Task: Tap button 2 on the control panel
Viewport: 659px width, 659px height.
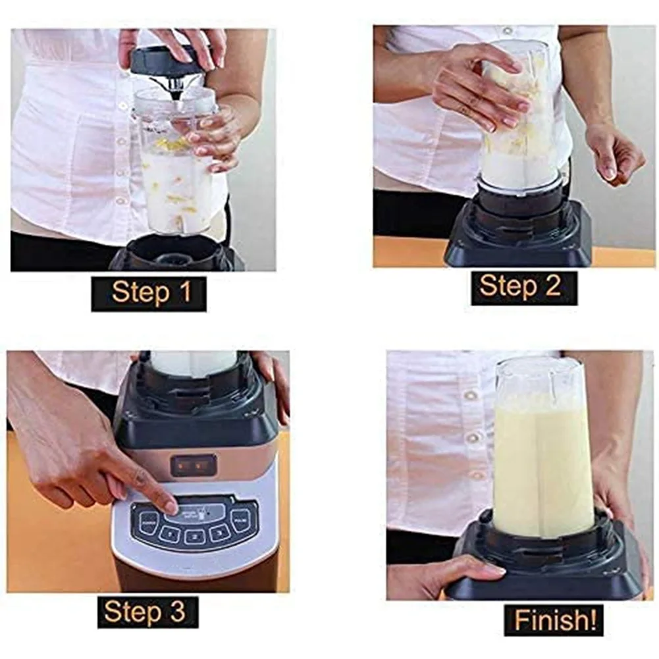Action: point(195,536)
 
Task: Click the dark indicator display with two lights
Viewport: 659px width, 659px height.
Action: point(193,465)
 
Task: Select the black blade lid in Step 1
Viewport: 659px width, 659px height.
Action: point(168,61)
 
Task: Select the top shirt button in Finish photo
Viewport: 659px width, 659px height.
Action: point(470,395)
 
